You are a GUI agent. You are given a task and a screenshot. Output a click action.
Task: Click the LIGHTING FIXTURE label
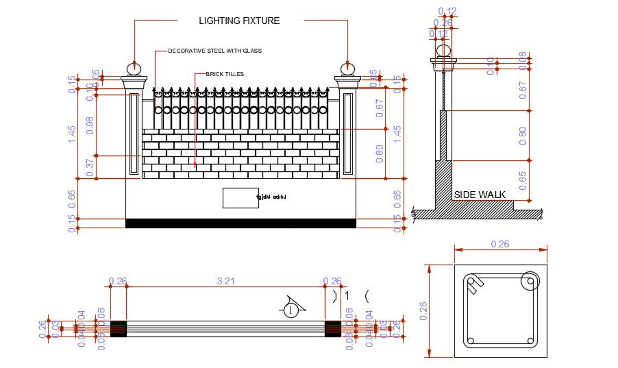(239, 21)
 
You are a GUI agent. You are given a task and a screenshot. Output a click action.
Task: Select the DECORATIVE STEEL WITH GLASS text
(214, 51)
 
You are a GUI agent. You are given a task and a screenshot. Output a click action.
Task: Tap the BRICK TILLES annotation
(225, 74)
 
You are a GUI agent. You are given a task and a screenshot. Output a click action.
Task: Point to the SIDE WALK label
(480, 195)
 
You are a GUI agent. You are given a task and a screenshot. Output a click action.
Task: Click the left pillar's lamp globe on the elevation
(134, 69)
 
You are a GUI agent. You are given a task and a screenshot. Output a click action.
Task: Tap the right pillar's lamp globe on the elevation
(348, 69)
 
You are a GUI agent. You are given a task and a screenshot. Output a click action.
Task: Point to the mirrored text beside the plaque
(271, 197)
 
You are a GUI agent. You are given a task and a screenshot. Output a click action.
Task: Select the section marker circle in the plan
(291, 310)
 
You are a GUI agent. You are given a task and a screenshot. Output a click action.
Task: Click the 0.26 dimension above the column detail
(501, 244)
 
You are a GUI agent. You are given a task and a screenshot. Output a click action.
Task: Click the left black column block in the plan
(119, 328)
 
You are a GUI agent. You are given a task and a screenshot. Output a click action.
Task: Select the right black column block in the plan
(333, 328)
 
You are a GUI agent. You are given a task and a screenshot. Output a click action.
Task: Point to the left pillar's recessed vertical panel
(134, 134)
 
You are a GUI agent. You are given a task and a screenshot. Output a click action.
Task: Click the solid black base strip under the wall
(240, 223)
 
